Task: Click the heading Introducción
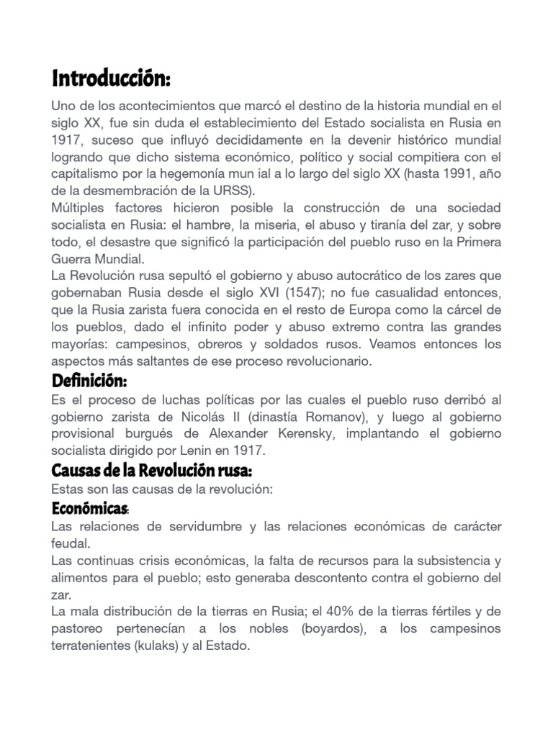pyautogui.click(x=112, y=76)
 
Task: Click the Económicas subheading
pyautogui.click(x=90, y=509)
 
